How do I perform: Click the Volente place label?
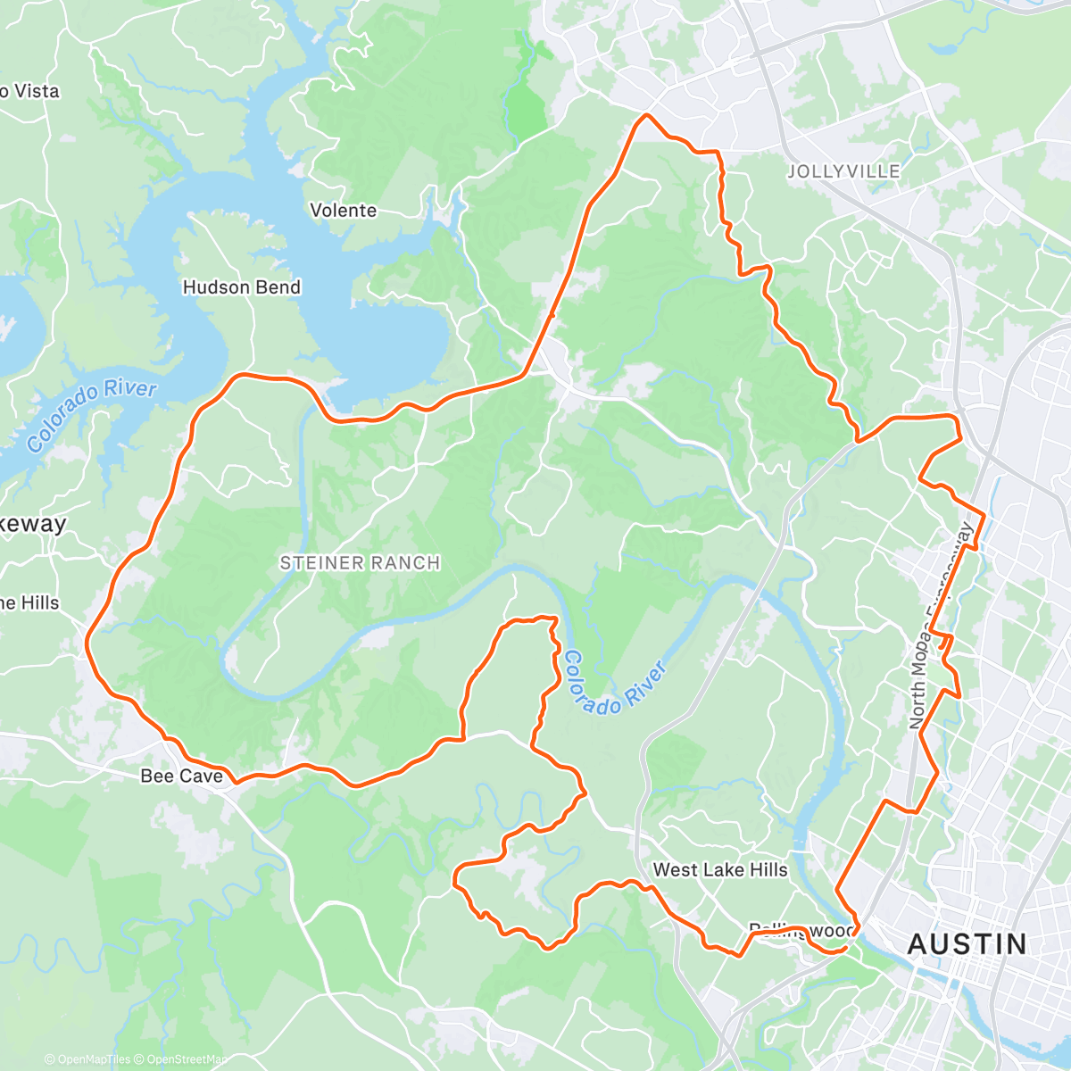pyautogui.click(x=343, y=211)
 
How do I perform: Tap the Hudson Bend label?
pyautogui.click(x=241, y=287)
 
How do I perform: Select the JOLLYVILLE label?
pyautogui.click(x=843, y=171)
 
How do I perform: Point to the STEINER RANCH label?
pyautogui.click(x=360, y=563)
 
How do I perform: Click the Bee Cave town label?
pyautogui.click(x=181, y=776)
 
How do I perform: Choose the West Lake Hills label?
pyautogui.click(x=719, y=870)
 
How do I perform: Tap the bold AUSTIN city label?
pyautogui.click(x=967, y=944)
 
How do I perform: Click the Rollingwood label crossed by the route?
pyautogui.click(x=801, y=931)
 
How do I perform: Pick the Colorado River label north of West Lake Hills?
pyautogui.click(x=614, y=683)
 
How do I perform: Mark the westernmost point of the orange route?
pyautogui.click(x=87, y=640)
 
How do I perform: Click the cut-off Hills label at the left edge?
pyautogui.click(x=29, y=603)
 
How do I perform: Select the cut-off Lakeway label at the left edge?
pyautogui.click(x=32, y=524)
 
